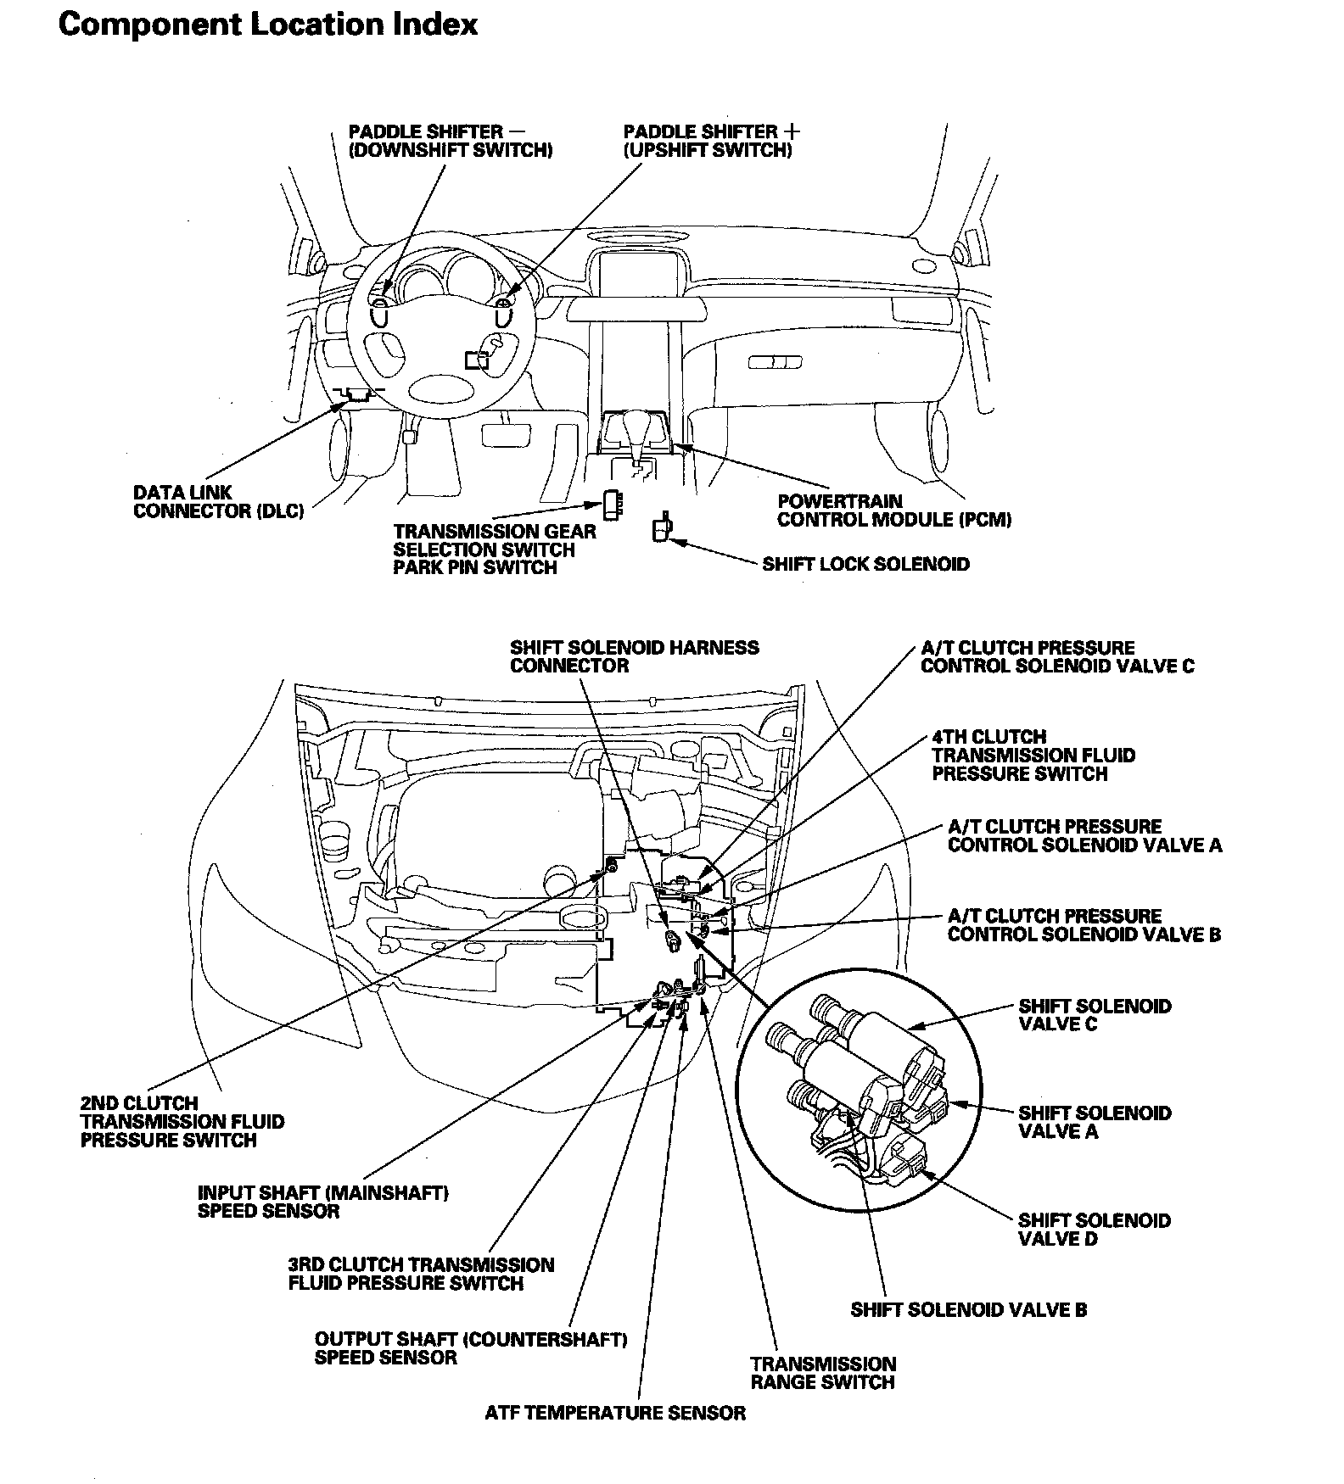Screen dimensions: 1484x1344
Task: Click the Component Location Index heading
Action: pyautogui.click(x=267, y=25)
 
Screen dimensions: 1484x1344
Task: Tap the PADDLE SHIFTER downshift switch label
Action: pyautogui.click(x=450, y=141)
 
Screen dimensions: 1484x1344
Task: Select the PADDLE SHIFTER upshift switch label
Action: pyautogui.click(x=711, y=141)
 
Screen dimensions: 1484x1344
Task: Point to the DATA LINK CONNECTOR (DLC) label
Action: pyautogui.click(x=218, y=502)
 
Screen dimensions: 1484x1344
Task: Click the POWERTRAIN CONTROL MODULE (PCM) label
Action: pyautogui.click(x=893, y=510)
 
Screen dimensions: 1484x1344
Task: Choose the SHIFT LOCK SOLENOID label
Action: pyautogui.click(x=865, y=565)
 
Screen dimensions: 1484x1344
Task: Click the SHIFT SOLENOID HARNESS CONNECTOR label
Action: pyautogui.click(x=634, y=656)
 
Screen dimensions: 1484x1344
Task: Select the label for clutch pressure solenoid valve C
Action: pyautogui.click(x=1056, y=656)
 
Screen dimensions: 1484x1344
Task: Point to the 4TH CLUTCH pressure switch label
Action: pyautogui.click(x=1033, y=755)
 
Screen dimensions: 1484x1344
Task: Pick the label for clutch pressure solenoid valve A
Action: pyautogui.click(x=1084, y=835)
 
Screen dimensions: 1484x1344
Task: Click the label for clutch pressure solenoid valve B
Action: pyautogui.click(x=1084, y=925)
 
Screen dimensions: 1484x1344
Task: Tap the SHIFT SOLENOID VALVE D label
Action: pyautogui.click(x=1094, y=1230)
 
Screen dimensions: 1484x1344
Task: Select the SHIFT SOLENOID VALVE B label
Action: pyautogui.click(x=968, y=1309)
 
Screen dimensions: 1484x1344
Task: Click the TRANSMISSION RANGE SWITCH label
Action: pyautogui.click(x=822, y=1373)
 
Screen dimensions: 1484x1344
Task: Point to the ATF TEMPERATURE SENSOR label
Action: pyautogui.click(x=615, y=1413)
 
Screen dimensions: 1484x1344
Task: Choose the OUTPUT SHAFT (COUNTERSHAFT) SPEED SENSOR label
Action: pyautogui.click(x=470, y=1347)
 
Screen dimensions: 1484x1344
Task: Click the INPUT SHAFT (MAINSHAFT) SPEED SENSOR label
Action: pyautogui.click(x=322, y=1202)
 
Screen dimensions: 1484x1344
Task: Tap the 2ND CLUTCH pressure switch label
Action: pyautogui.click(x=182, y=1121)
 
